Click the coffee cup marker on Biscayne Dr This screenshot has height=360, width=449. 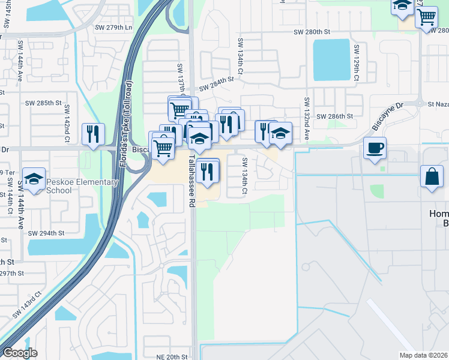(375, 148)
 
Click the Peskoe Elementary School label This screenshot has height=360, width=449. (53, 186)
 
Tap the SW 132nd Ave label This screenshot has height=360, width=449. (306, 119)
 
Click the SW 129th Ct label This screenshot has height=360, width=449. (356, 59)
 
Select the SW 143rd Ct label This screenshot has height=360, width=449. (28, 305)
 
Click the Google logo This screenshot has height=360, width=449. (20, 353)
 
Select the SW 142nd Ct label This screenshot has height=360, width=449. (67, 124)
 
